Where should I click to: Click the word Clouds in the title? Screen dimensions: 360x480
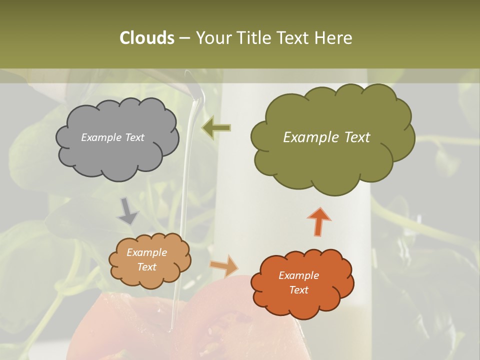pos(146,38)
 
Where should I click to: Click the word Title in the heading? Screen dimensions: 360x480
pos(255,38)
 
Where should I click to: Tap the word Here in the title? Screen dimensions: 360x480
pos(334,38)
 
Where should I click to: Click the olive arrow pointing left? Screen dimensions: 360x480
pos(216,127)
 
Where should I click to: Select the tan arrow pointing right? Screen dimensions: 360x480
pos(224,265)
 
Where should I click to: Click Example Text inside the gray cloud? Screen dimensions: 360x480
pos(112,137)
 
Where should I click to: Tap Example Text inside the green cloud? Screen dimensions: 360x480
pos(326,137)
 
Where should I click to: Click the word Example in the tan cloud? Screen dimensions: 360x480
pos(146,252)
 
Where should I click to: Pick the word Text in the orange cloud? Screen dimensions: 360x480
pos(298,290)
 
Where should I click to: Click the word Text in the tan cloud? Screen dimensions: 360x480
pos(146,267)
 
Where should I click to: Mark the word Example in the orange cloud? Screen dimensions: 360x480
pos(298,275)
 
